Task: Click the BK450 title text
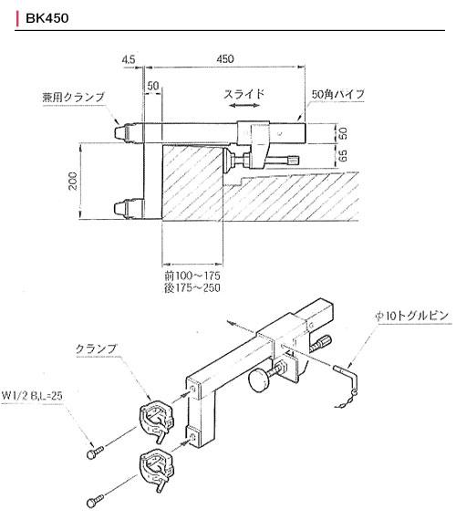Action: [47, 18]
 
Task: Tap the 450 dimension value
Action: [225, 58]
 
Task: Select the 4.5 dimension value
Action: [129, 59]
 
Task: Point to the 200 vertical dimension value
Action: [73, 181]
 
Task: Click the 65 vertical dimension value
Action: [344, 155]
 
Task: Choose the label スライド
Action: [244, 94]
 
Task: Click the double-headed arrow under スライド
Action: [244, 106]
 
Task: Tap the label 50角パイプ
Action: [337, 94]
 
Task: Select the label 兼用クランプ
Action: [73, 97]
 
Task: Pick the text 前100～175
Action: [192, 276]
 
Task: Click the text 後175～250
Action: [192, 287]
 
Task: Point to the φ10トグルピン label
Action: [411, 316]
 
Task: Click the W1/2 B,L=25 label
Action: [32, 395]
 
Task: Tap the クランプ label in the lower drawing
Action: [97, 348]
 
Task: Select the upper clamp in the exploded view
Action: [156, 421]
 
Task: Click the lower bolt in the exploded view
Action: [95, 501]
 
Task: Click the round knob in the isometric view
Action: [259, 380]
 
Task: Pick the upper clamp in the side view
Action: [128, 132]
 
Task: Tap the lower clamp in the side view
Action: [129, 209]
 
